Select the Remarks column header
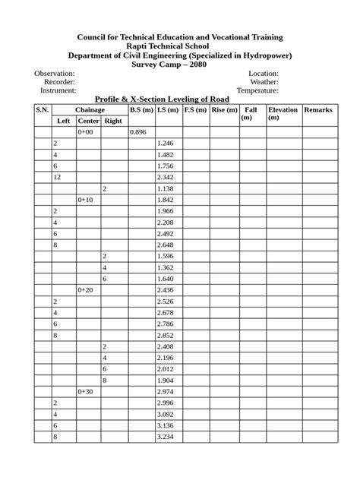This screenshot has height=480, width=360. point(318,110)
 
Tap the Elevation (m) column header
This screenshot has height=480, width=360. point(283,114)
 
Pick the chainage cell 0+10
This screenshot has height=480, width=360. point(86,200)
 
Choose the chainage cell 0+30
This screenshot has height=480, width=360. point(86,391)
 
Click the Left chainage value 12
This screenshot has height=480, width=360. point(57,177)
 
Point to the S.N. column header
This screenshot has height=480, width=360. point(42,110)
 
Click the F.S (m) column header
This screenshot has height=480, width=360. point(195,110)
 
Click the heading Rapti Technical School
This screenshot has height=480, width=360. point(180,46)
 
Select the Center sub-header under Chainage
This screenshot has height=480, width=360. point(89,121)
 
